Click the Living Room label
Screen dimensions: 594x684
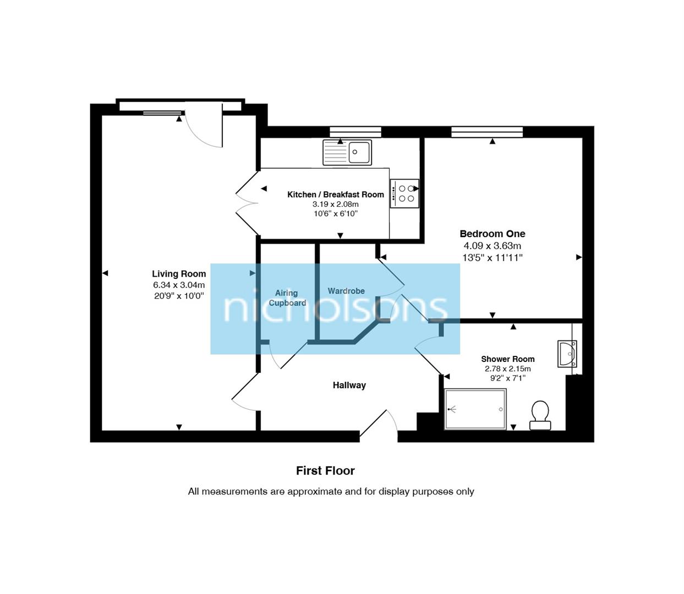pyautogui.click(x=179, y=274)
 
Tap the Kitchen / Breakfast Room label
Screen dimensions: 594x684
pyautogui.click(x=335, y=195)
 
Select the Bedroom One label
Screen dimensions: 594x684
pyautogui.click(x=492, y=234)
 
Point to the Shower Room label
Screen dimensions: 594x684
pyautogui.click(x=507, y=359)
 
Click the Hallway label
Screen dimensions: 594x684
pyautogui.click(x=349, y=386)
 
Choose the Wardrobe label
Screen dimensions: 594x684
pyautogui.click(x=346, y=291)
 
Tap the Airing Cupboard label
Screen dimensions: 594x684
pyautogui.click(x=287, y=298)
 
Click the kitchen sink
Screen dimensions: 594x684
pyautogui.click(x=347, y=152)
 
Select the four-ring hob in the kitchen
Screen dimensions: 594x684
pyautogui.click(x=404, y=194)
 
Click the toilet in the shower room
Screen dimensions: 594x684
pyautogui.click(x=540, y=415)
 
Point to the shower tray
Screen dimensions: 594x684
pyautogui.click(x=475, y=409)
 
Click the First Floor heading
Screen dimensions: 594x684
pyautogui.click(x=325, y=471)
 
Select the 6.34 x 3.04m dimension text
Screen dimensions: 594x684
pyautogui.click(x=179, y=285)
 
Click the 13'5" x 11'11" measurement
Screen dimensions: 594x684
pyautogui.click(x=492, y=257)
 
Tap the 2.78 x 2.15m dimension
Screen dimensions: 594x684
pyautogui.click(x=507, y=369)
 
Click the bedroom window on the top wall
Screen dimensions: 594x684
pyautogui.click(x=486, y=131)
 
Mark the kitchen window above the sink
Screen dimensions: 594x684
pyautogui.click(x=355, y=131)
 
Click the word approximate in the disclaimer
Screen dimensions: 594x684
pyautogui.click(x=314, y=492)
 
